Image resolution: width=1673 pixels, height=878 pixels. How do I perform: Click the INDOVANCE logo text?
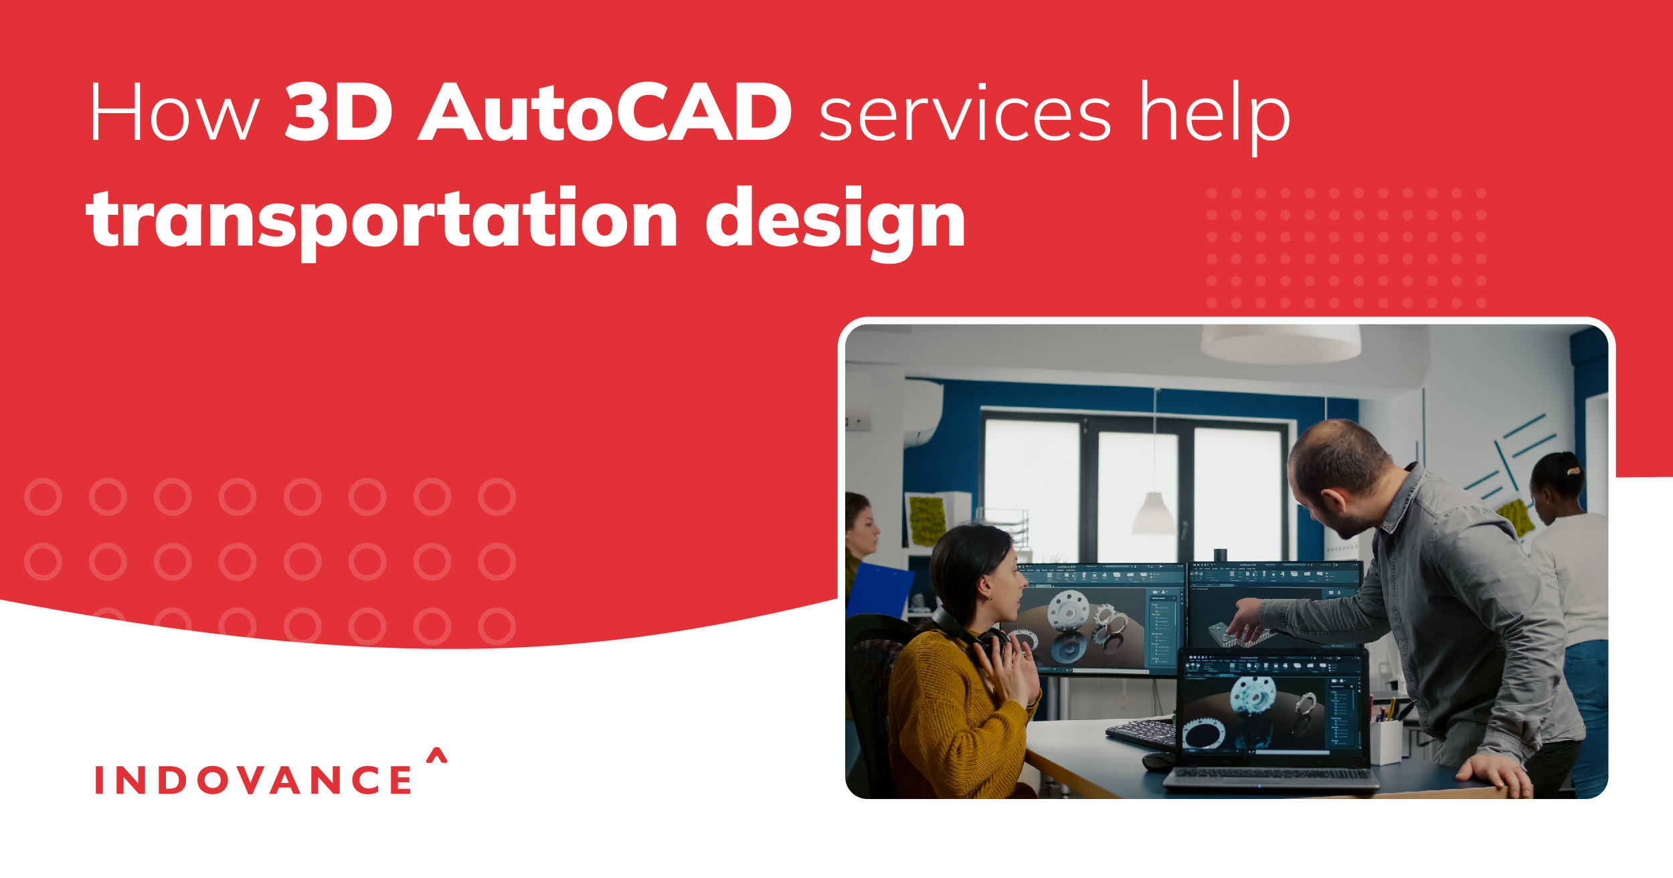pyautogui.click(x=254, y=780)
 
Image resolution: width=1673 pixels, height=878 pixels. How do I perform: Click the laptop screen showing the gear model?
pyautogui.click(x=1271, y=709)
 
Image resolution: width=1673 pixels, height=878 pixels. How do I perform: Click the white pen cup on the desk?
pyautogui.click(x=1385, y=741)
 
